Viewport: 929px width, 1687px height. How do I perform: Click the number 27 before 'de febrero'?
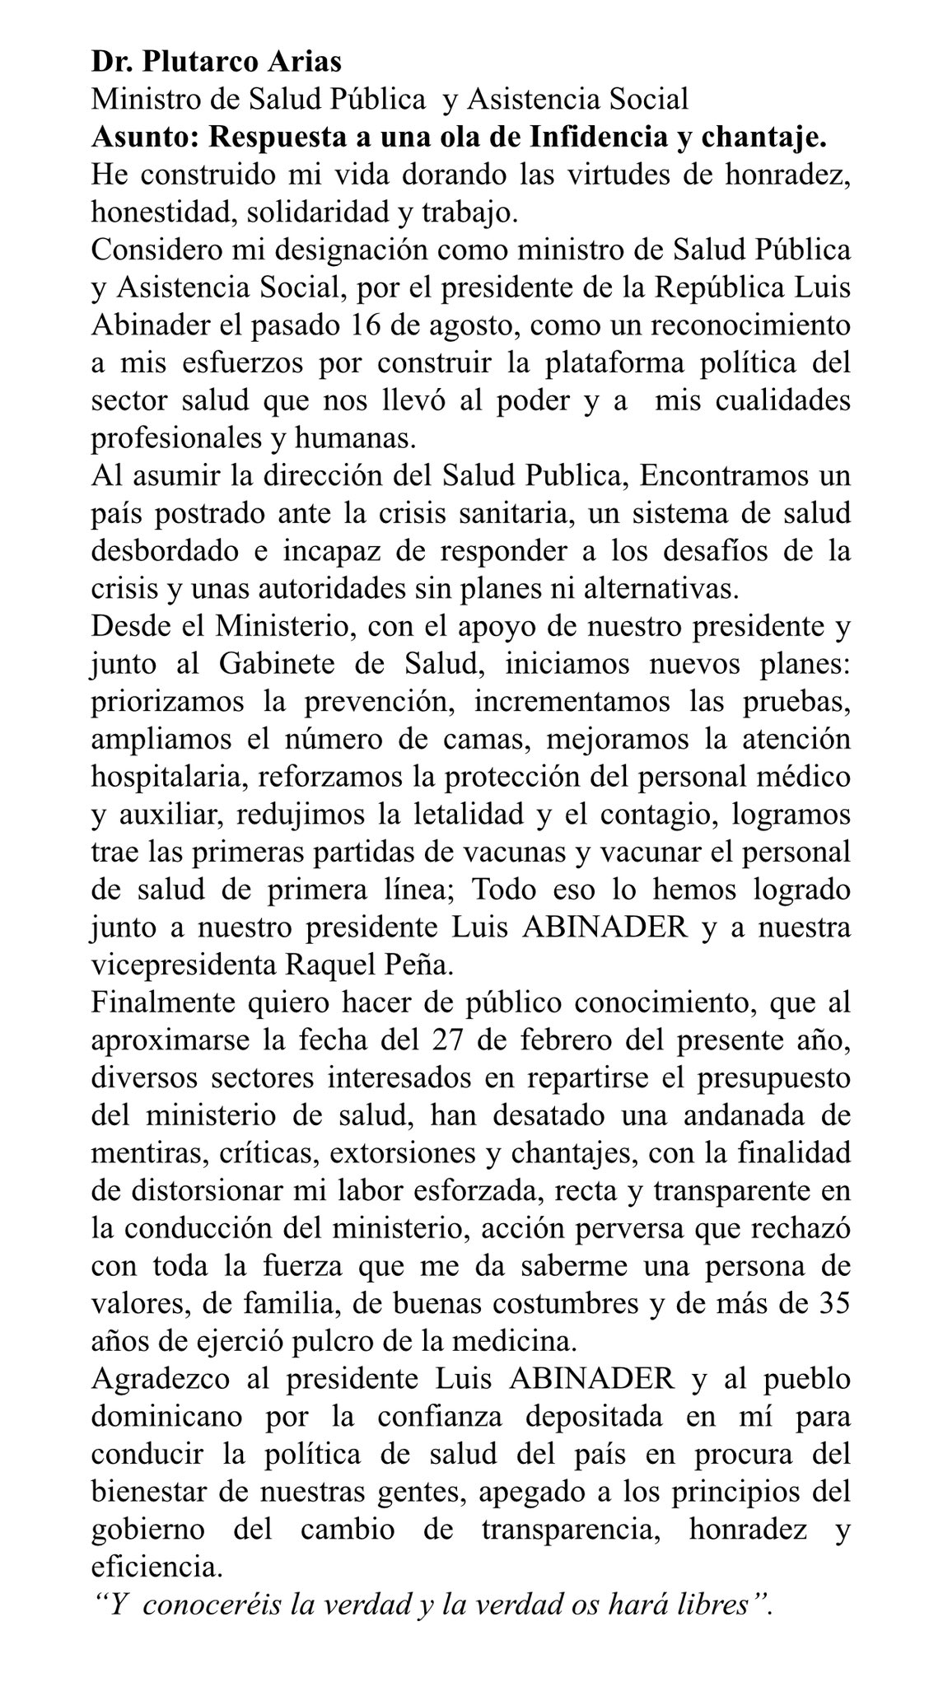450,1040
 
